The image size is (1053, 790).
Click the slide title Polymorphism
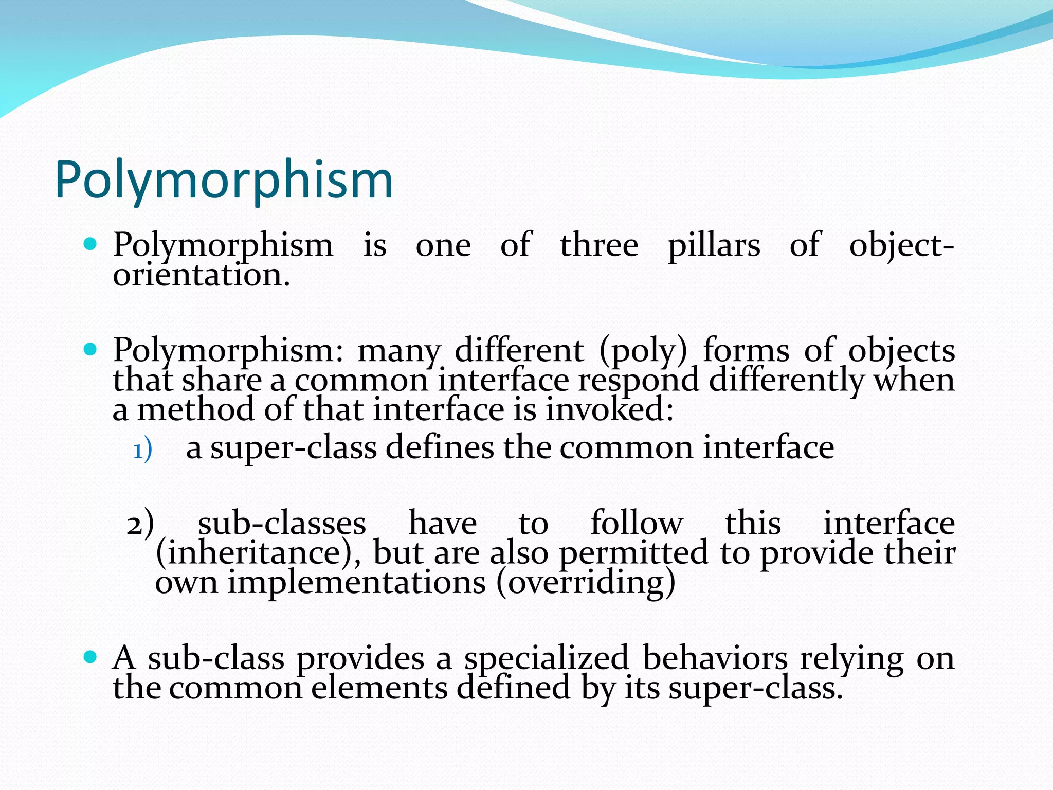[x=224, y=180]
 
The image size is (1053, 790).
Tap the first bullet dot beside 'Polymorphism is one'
[x=90, y=244]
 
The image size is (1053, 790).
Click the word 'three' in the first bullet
[x=599, y=245]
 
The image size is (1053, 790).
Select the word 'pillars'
[x=714, y=246]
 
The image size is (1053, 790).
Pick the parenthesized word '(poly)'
[x=643, y=351]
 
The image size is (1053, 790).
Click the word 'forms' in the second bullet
[x=746, y=350]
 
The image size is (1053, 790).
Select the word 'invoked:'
[x=609, y=410]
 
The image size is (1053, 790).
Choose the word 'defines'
[x=440, y=447]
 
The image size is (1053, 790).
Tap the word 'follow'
[x=637, y=523]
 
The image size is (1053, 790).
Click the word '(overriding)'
[x=586, y=583]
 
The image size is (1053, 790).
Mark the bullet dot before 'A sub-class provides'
[x=90, y=657]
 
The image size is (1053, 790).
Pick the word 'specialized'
[x=547, y=659]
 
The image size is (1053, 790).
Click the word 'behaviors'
[x=715, y=658]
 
